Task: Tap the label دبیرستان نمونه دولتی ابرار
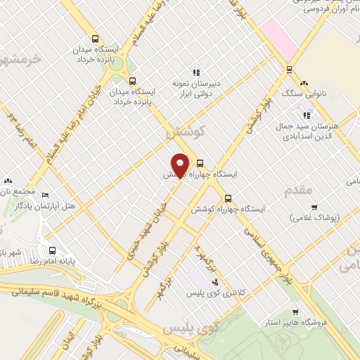(196, 89)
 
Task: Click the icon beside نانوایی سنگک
(304, 82)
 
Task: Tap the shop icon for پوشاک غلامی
(316, 207)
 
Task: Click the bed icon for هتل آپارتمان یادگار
(46, 195)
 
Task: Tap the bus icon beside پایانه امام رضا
(53, 250)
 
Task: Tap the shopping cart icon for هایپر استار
(300, 313)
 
